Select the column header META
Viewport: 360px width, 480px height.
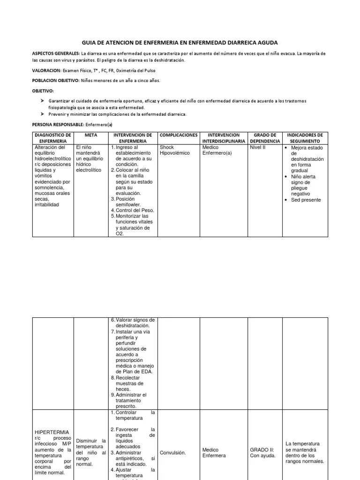[90, 135]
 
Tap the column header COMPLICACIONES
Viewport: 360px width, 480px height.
[179, 135]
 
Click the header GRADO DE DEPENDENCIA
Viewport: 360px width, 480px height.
[265, 138]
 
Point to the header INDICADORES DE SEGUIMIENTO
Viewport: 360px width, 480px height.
[305, 138]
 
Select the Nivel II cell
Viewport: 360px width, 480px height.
[258, 148]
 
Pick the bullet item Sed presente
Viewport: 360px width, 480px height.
[306, 200]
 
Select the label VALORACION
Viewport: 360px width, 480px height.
[46, 70]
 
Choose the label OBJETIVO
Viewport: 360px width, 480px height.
[43, 91]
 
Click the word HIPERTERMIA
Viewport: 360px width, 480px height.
[52, 432]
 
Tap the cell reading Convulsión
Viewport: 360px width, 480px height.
[173, 453]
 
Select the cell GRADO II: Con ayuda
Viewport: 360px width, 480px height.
[262, 453]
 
